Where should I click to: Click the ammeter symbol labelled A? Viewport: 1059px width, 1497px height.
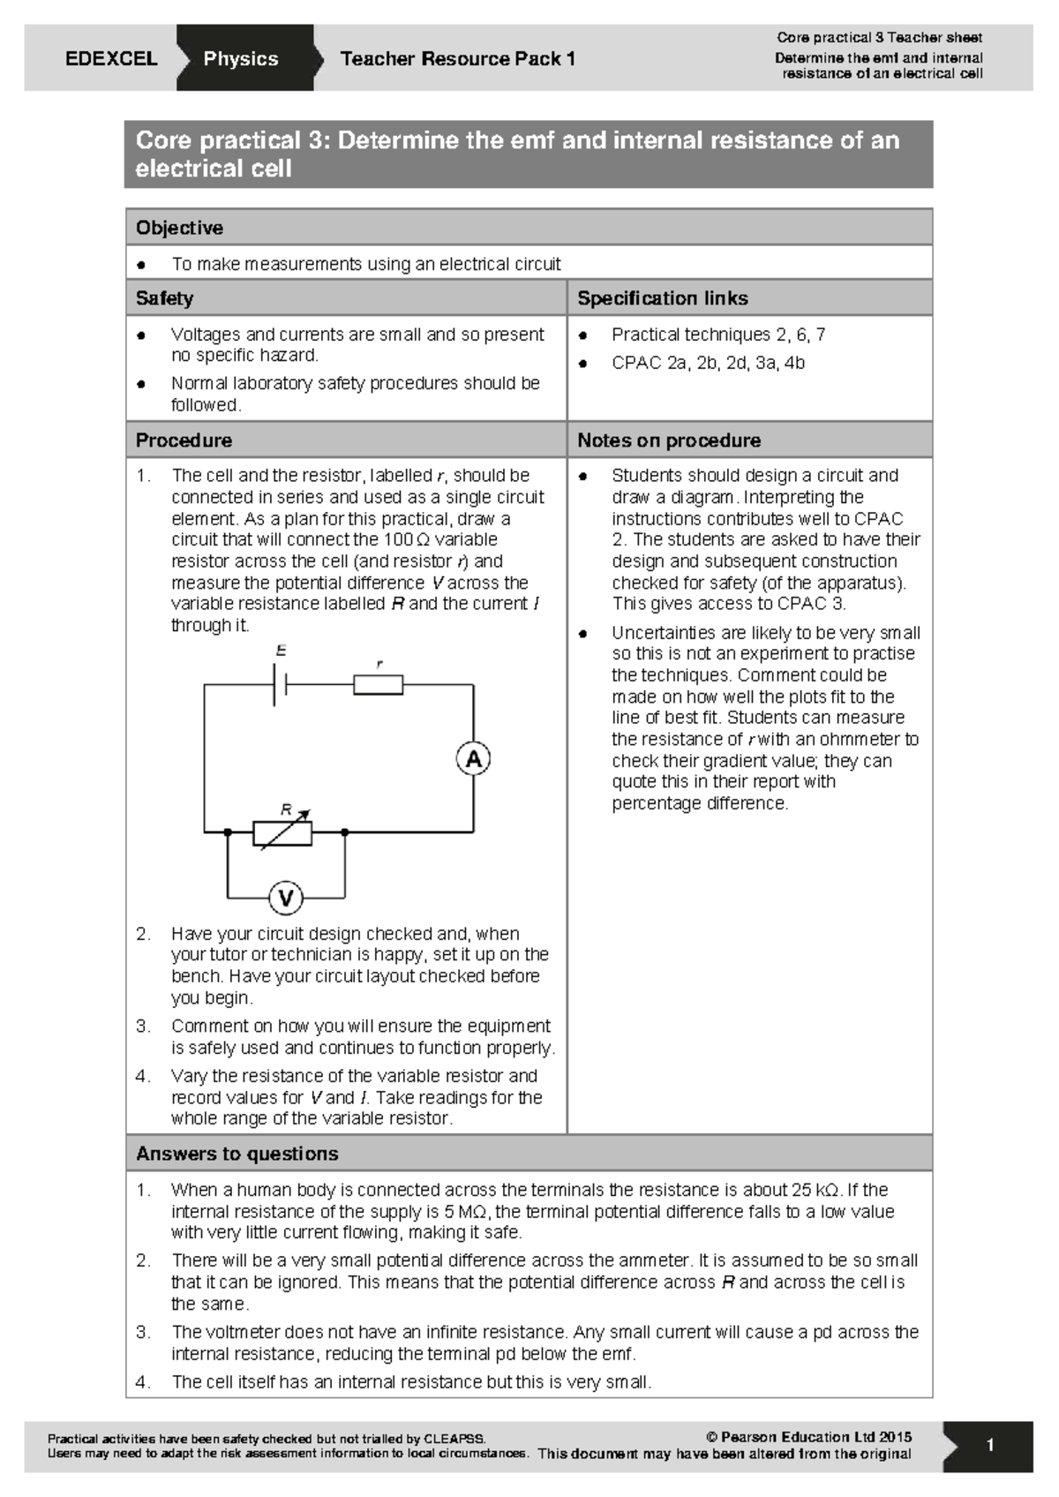[474, 759]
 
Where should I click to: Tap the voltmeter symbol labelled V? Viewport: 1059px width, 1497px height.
[286, 899]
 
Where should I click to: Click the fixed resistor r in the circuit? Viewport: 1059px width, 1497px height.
[379, 684]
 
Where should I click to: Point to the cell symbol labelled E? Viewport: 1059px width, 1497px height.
[280, 684]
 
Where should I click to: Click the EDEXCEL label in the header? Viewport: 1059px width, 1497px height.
[111, 59]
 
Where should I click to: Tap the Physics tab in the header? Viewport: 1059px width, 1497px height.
[240, 59]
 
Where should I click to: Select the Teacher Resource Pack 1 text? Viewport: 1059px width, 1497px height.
[457, 59]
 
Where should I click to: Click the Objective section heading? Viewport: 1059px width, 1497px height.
[179, 228]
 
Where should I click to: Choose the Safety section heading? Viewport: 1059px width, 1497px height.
[164, 298]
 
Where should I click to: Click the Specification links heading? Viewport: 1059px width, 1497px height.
[662, 298]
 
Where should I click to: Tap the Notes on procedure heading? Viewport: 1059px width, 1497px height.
[668, 440]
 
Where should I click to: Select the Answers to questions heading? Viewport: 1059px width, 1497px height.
[237, 1154]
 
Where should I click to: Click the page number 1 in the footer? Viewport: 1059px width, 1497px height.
[990, 1446]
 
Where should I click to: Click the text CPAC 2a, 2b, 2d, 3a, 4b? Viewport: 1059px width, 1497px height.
[708, 363]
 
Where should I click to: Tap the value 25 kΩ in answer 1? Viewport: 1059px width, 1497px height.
[815, 1190]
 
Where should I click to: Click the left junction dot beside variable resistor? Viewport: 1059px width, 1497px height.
[228, 832]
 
